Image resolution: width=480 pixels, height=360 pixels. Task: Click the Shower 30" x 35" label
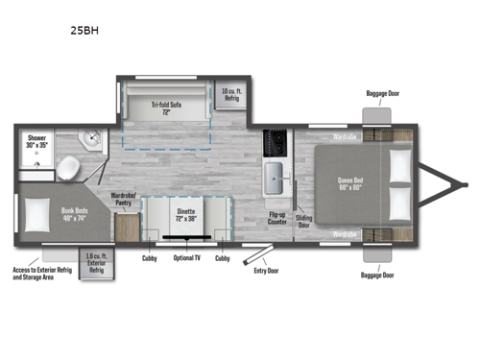click(36, 143)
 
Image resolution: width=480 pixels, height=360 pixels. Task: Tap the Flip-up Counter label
click(278, 217)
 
